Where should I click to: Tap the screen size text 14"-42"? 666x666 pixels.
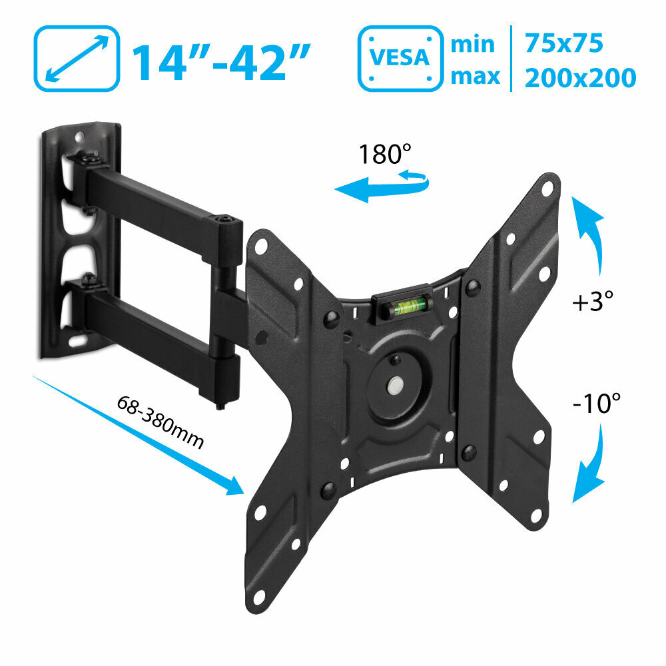coord(221,61)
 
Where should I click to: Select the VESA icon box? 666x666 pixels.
coord(400,58)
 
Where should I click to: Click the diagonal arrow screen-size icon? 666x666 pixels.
coord(77,58)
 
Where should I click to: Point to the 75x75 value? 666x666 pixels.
coord(563,43)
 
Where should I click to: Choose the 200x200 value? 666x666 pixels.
coord(580,78)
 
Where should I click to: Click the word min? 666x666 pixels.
coord(473,44)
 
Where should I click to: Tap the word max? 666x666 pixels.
coord(476,77)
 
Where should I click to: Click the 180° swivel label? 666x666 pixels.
coord(385,154)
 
